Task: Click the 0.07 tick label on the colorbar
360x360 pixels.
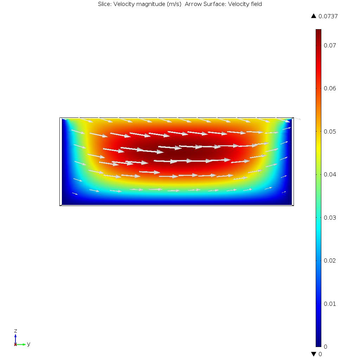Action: [x=330, y=45]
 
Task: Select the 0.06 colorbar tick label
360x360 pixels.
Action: [x=330, y=88]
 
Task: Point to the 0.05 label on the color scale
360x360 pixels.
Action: [x=330, y=131]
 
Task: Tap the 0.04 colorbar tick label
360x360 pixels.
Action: [x=330, y=174]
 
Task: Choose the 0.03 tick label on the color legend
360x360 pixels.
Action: [x=330, y=218]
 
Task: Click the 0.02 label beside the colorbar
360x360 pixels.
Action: [x=330, y=261]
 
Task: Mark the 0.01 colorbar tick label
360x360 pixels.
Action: [x=330, y=304]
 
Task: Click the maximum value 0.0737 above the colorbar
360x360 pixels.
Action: [x=328, y=16]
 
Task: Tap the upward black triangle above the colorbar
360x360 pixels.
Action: [x=314, y=16]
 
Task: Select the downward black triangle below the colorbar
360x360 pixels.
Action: [x=314, y=354]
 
